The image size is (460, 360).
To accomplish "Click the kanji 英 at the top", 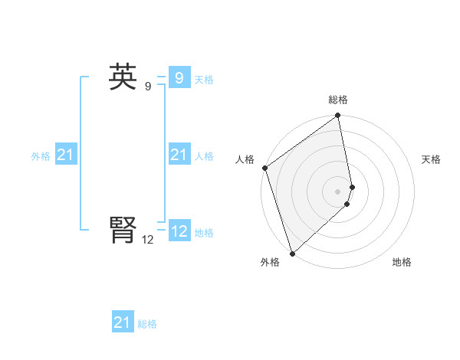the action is click(123, 77).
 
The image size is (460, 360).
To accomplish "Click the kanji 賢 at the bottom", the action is click(123, 231).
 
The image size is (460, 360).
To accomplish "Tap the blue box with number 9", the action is click(179, 78).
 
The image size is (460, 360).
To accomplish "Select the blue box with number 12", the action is click(179, 231).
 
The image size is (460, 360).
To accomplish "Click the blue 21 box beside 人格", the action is click(179, 155).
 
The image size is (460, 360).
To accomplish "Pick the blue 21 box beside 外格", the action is click(65, 155).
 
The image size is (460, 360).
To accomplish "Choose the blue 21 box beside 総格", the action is click(122, 322).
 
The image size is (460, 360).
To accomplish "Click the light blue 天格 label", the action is click(204, 80).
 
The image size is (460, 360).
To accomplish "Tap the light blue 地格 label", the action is click(204, 233).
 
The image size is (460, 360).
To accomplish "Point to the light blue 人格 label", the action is click(204, 156).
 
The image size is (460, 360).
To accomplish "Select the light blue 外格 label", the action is click(41, 156).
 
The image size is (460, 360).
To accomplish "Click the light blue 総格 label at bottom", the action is click(147, 324).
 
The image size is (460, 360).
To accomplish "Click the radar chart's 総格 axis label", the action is click(338, 100).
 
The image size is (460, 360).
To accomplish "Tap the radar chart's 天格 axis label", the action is click(431, 159).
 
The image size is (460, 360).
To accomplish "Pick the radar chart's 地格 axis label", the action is click(402, 262).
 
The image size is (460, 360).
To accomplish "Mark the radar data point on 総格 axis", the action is click(338, 116).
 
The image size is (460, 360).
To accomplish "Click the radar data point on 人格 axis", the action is click(264, 168).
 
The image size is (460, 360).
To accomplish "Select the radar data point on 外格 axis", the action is click(292, 253).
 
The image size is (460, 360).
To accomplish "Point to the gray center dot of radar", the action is click(338, 191).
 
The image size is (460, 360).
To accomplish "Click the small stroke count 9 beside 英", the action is click(147, 87).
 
